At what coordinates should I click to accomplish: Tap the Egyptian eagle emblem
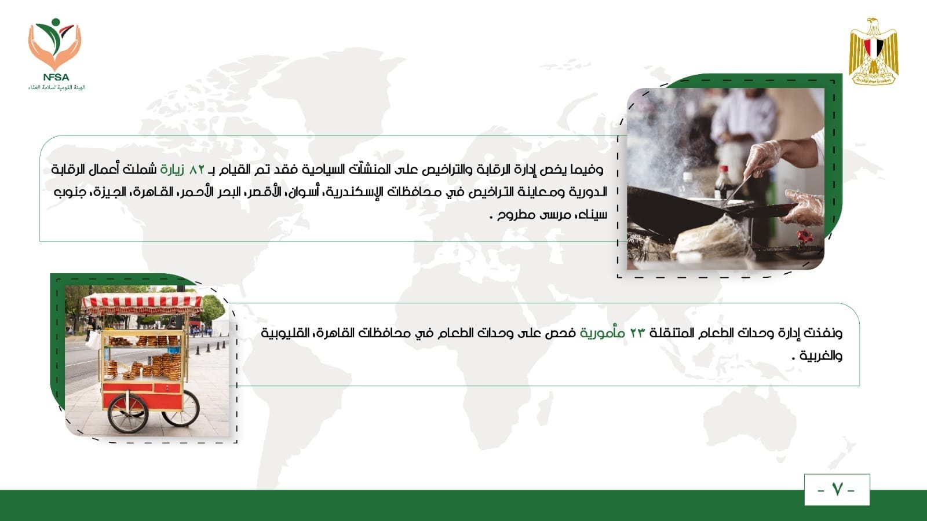(x=873, y=52)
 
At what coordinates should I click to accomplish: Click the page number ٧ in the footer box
(x=837, y=490)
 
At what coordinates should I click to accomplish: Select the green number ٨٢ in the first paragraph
(x=196, y=170)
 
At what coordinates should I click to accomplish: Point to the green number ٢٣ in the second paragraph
(x=637, y=333)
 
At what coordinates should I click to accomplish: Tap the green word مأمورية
(x=602, y=332)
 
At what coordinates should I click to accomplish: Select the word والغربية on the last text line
(x=822, y=355)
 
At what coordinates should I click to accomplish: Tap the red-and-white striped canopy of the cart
(x=142, y=304)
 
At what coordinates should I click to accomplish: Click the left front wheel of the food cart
(x=127, y=413)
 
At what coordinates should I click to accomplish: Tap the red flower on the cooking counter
(x=804, y=237)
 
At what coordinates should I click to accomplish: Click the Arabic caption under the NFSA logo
(x=57, y=87)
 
